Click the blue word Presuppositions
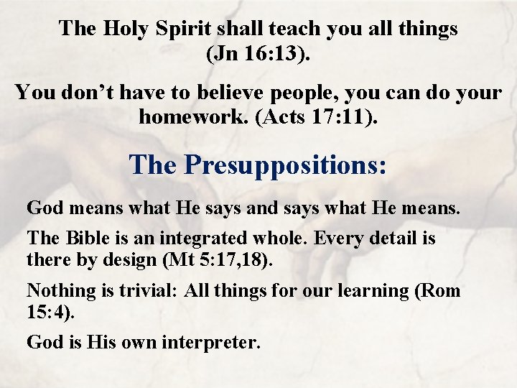tap(285, 165)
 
